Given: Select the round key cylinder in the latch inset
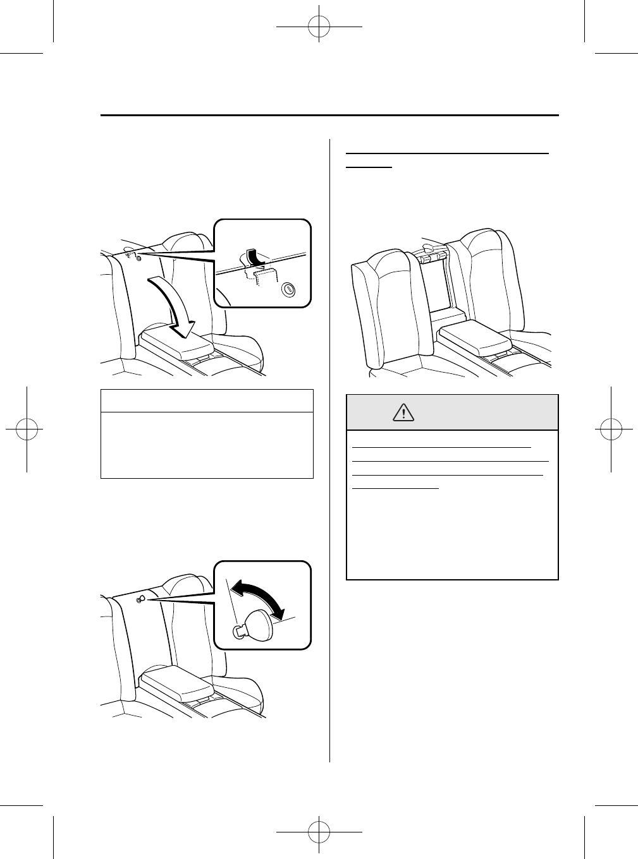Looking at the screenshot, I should tap(288, 289).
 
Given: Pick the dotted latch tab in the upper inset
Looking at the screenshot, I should tap(266, 275).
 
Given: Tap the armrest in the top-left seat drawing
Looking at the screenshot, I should tap(175, 343).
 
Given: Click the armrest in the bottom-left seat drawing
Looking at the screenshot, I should tap(175, 683).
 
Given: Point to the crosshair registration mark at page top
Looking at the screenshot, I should tap(319, 28).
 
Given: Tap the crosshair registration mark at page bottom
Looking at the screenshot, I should tap(319, 831).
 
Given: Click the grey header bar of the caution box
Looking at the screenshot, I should tap(452, 412).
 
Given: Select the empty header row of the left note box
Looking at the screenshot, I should tap(207, 401).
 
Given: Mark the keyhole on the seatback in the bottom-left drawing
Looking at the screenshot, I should tap(140, 600).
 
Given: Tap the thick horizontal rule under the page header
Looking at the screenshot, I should tap(329, 116).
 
